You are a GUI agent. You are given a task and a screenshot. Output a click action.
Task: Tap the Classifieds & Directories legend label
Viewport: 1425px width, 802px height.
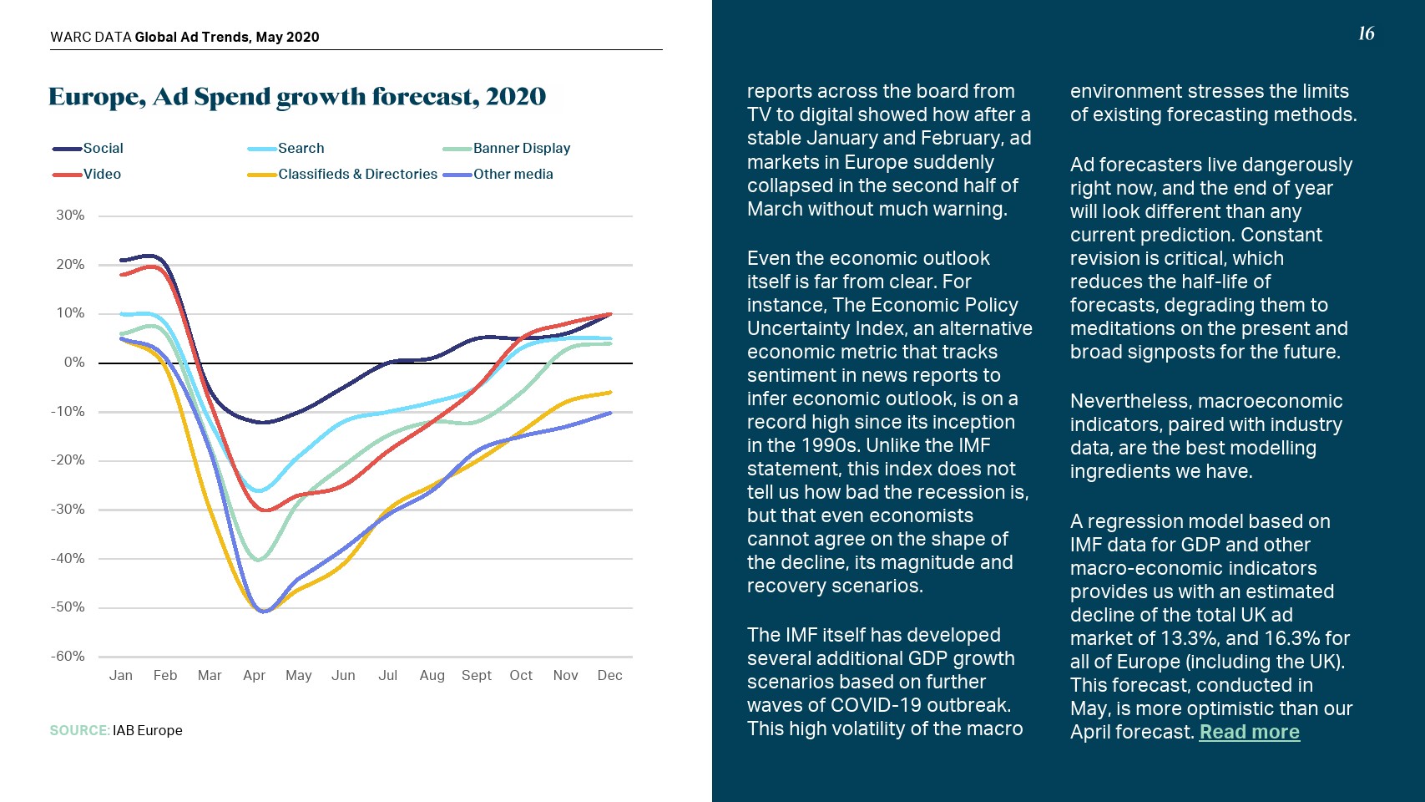(357, 174)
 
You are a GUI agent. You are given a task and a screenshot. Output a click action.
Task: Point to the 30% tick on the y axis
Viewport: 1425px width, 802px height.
(70, 215)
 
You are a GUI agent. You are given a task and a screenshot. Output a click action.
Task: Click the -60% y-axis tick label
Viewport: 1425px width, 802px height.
(68, 656)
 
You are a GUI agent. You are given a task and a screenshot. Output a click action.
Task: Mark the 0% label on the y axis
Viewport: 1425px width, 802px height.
(74, 362)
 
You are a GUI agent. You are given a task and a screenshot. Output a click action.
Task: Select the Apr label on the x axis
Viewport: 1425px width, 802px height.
(254, 675)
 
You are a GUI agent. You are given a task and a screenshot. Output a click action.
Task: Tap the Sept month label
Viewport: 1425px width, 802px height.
(477, 675)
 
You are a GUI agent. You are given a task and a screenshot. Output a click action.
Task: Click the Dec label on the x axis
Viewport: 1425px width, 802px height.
(609, 675)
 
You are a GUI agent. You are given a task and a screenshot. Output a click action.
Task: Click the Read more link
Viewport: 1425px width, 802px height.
(1249, 732)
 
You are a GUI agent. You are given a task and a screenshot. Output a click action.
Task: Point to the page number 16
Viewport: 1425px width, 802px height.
(1366, 33)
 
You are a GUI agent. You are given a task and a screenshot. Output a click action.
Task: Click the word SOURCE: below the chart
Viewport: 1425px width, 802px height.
(79, 730)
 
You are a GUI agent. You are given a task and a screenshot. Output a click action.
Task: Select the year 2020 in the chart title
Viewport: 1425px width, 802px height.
(516, 97)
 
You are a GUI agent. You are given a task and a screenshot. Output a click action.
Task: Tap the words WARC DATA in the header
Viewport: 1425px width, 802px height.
(91, 37)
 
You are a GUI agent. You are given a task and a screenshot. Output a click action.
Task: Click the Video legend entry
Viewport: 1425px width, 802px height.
(102, 174)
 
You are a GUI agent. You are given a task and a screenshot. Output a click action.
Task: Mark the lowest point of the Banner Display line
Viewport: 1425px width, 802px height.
(259, 560)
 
